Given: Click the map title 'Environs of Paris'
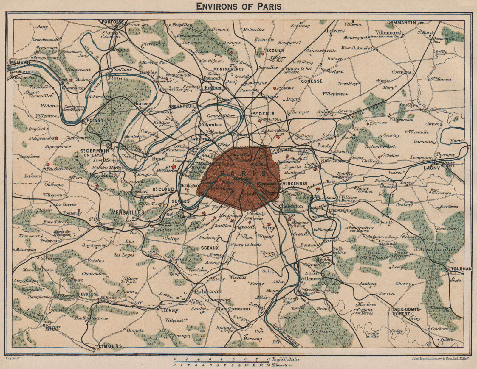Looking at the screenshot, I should click(x=238, y=6).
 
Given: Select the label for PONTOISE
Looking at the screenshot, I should click(x=112, y=22).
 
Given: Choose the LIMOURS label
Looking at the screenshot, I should click(x=110, y=346).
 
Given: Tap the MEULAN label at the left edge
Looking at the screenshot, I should click(x=20, y=63).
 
